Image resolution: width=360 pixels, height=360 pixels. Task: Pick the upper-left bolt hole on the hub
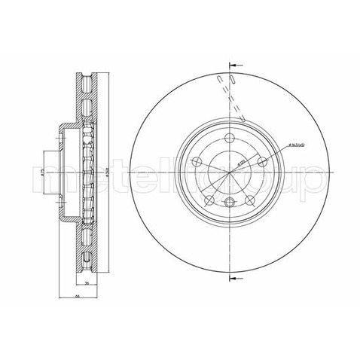[x=198, y=160]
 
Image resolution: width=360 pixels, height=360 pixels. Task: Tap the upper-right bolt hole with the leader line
[x=261, y=160]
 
